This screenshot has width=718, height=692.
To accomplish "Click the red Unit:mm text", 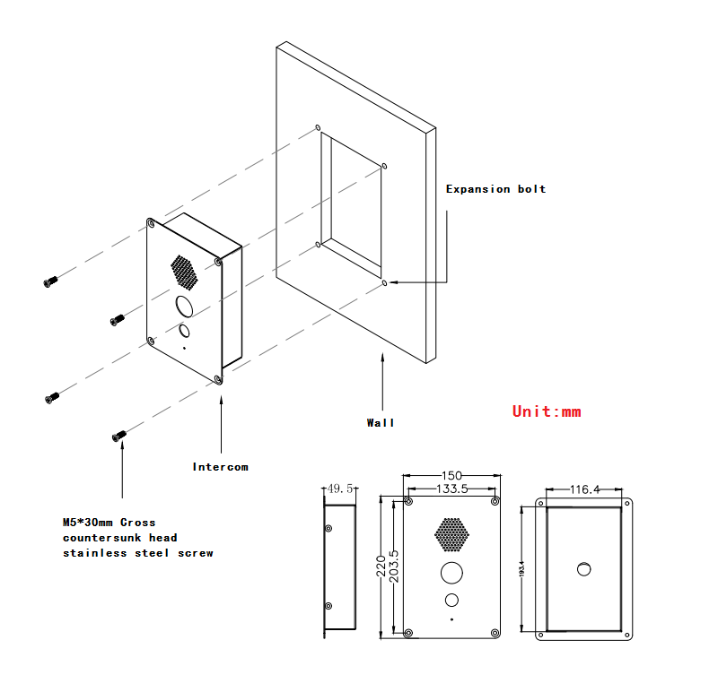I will [547, 411].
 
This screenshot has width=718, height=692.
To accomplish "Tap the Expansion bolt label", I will [495, 189].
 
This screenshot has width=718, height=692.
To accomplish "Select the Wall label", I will [380, 422].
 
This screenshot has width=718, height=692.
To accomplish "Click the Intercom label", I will [220, 466].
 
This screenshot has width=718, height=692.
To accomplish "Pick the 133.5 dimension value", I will [451, 489].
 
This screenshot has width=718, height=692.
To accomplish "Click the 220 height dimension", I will [381, 567].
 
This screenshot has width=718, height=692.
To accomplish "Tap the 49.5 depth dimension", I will [340, 489].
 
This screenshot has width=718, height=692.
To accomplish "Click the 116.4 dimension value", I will [584, 489].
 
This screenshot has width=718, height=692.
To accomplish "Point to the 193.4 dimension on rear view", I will [522, 567].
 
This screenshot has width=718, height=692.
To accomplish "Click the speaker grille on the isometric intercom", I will [184, 272].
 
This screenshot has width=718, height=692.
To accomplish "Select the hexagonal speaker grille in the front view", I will [452, 534].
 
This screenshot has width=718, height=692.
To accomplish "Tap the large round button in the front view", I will [451, 571].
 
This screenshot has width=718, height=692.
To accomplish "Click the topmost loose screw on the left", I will [50, 281].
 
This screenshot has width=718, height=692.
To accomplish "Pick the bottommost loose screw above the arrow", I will [118, 436].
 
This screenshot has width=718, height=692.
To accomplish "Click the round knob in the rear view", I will [584, 567].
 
